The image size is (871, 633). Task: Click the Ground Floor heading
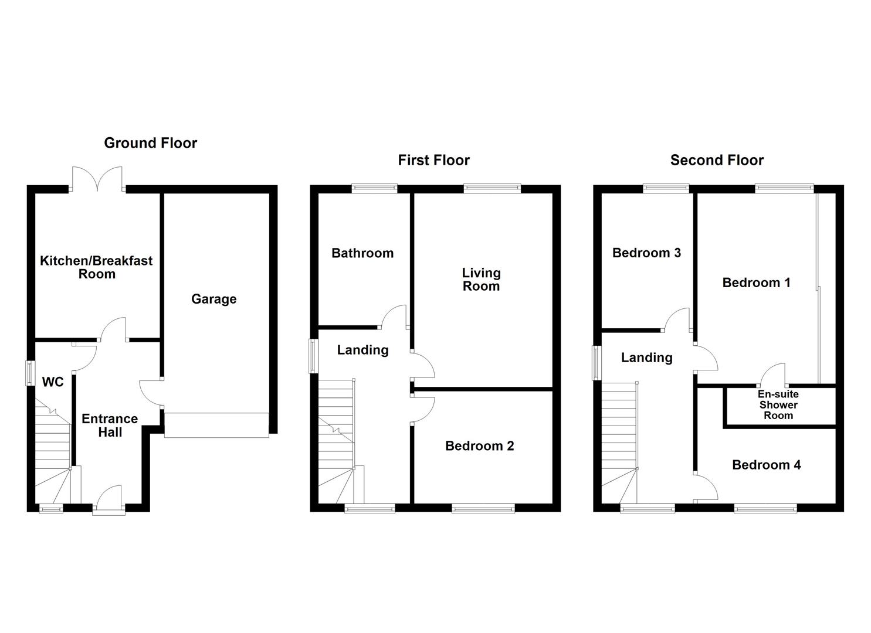pos(150,143)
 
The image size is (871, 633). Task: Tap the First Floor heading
pos(433,160)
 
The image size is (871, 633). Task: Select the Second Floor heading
pos(717,160)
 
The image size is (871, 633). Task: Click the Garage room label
pos(213,299)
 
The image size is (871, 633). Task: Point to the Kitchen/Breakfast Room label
pos(96,267)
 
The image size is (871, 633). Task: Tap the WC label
pos(53,382)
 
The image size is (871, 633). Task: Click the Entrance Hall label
pos(110,426)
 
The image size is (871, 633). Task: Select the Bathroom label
pos(362,253)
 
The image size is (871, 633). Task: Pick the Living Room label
pos(481,280)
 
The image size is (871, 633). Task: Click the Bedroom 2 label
pos(479,446)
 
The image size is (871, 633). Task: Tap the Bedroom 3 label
pos(646,253)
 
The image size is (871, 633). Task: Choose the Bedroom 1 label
pos(756,283)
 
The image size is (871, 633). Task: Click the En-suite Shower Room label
pos(778,405)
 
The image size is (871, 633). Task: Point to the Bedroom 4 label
pos(766,465)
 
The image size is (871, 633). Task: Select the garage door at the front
pos(216,425)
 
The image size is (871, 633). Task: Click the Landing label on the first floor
pos(362,350)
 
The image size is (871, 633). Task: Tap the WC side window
pos(29,373)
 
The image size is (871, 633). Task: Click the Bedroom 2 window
pos(483,509)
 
